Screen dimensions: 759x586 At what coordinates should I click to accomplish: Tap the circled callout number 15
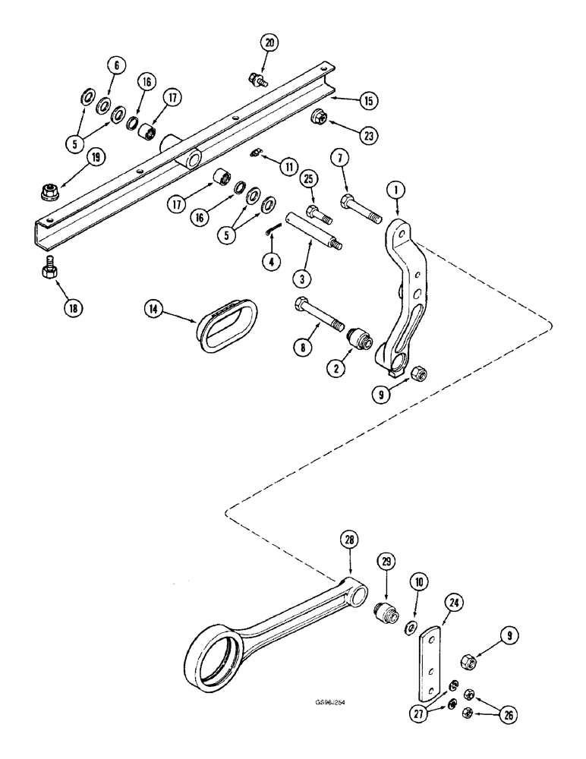[x=368, y=99]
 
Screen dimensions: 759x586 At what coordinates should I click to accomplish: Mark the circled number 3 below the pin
[x=302, y=279]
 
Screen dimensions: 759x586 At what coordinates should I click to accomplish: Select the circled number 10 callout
[x=419, y=581]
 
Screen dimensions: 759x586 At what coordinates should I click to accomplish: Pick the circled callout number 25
[x=307, y=180]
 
